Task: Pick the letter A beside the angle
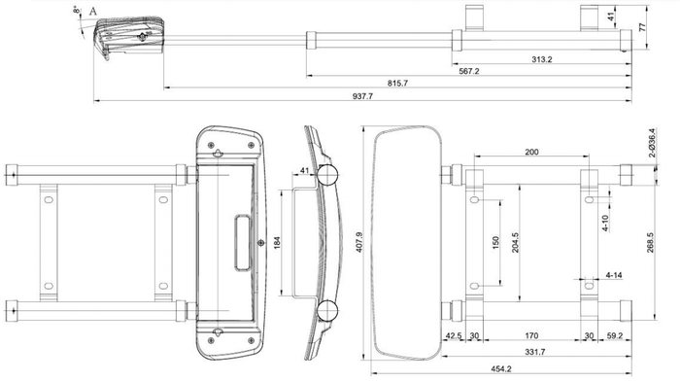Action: [93, 12]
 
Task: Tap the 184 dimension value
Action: [277, 241]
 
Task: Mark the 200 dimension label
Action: [531, 152]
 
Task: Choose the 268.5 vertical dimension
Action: [649, 241]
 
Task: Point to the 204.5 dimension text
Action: [516, 243]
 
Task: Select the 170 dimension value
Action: [532, 336]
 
